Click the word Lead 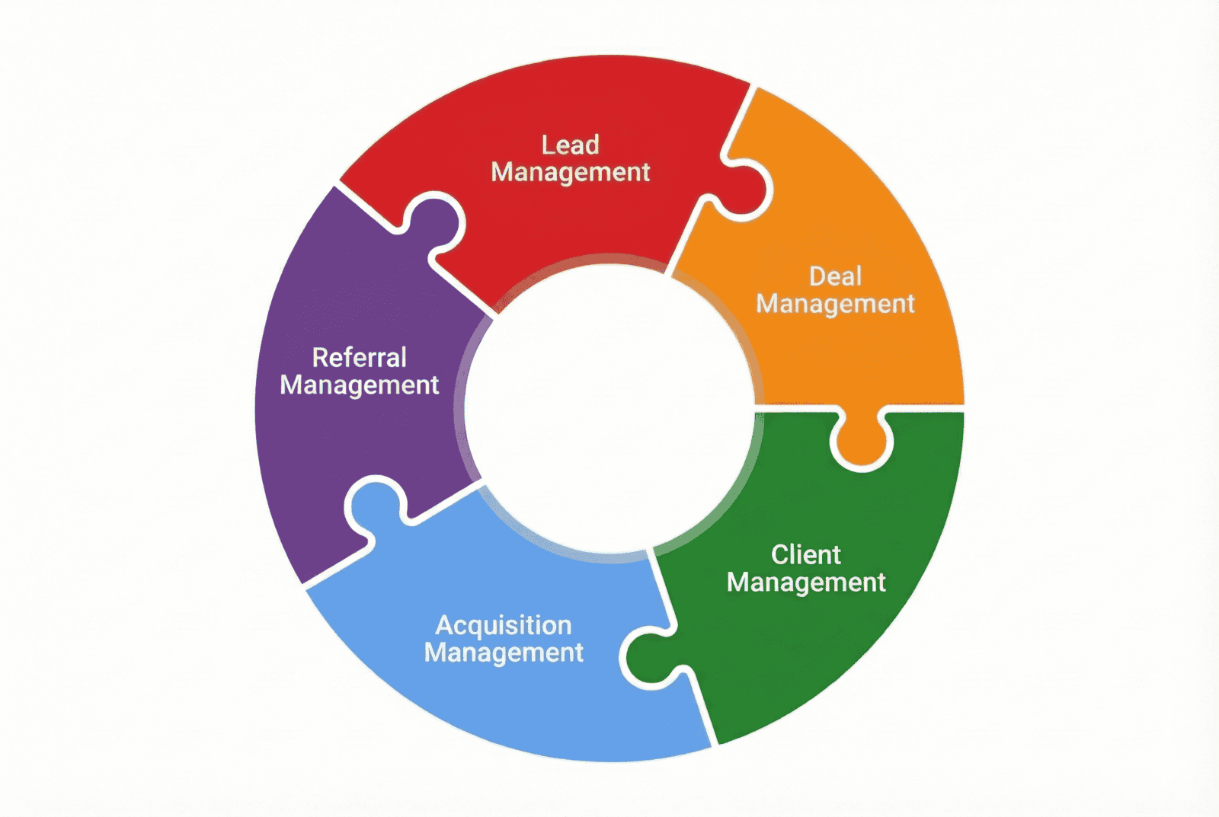(x=570, y=145)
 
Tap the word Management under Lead (x=570, y=173)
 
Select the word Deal (x=835, y=276)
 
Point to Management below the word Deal (x=835, y=305)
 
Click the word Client (x=805, y=555)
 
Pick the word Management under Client (x=805, y=583)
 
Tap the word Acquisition (x=504, y=625)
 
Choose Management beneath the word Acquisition (x=504, y=653)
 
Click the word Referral (x=359, y=358)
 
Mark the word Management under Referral (x=359, y=386)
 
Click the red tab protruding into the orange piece (x=743, y=190)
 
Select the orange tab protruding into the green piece (x=862, y=442)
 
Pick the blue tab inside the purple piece (x=374, y=506)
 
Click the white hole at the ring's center (x=609, y=407)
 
